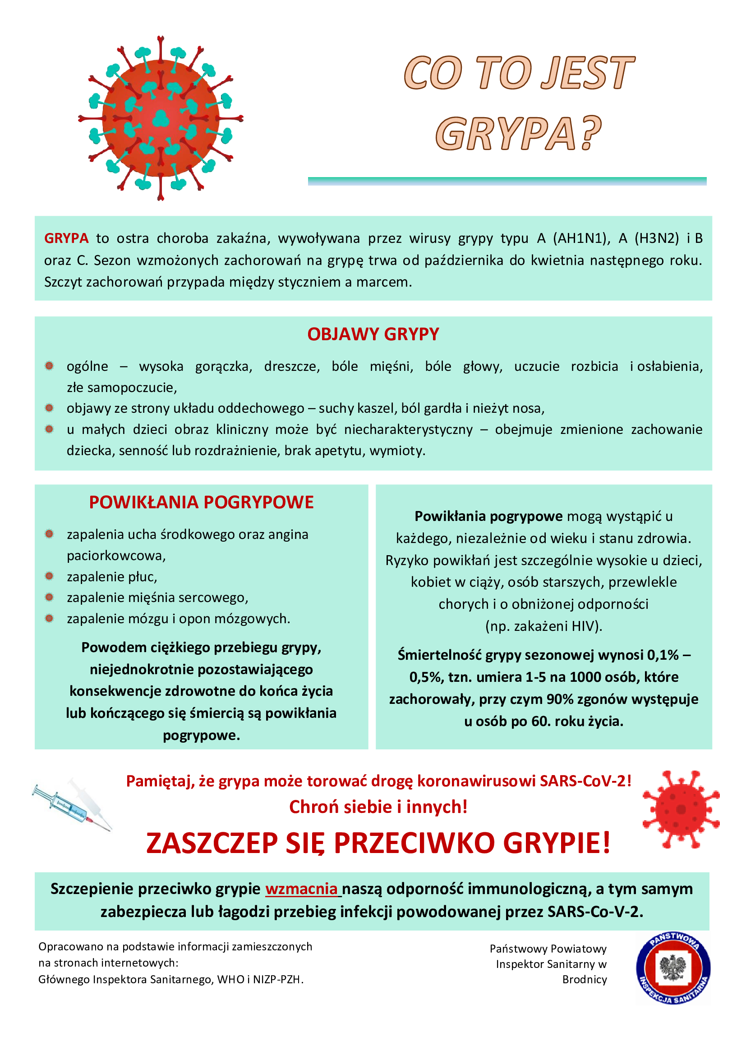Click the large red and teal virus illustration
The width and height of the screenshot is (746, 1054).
pos(160,119)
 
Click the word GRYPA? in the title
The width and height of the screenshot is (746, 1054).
pos(518,133)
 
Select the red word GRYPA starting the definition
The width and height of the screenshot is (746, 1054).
pos(66,238)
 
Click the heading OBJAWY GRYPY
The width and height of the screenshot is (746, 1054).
pos(373,334)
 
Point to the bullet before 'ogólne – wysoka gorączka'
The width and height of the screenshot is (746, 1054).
pos(49,366)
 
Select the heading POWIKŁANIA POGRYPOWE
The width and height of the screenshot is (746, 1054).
pos(201,502)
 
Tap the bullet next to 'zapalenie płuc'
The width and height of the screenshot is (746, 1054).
pos(49,576)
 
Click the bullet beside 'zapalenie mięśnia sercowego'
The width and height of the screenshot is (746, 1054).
pos(49,597)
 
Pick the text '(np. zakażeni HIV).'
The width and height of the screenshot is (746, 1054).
pos(543,626)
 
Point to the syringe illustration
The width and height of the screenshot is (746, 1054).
pos(72,807)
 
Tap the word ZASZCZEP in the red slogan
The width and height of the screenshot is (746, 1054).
pos(212,843)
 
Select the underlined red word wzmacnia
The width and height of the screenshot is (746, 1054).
pos(301,889)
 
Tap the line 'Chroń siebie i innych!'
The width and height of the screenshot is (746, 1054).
pos(378,807)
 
